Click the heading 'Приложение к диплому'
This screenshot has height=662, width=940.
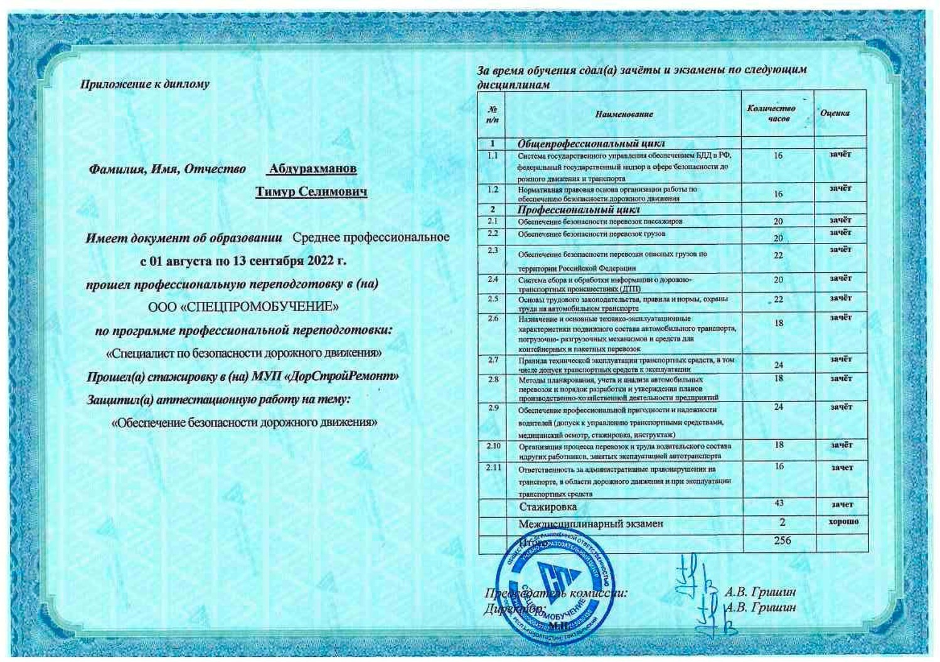click(145, 84)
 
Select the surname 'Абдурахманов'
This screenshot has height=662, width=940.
click(312, 169)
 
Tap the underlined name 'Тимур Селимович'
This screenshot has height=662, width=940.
click(311, 192)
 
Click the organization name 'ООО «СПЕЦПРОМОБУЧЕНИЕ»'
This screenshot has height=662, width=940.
click(243, 307)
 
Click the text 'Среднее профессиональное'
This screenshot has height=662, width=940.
click(371, 237)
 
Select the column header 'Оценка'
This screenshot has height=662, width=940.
click(835, 113)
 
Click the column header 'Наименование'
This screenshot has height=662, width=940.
click(624, 114)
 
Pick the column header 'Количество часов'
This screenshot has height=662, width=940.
click(771, 113)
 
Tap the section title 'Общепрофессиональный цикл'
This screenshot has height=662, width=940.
click(591, 144)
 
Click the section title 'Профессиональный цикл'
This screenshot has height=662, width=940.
click(579, 210)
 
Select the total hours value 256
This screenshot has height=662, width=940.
click(782, 540)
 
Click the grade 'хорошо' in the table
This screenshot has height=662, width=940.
click(843, 522)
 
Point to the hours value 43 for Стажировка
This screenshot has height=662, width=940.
click(779, 503)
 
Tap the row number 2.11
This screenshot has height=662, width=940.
click(494, 467)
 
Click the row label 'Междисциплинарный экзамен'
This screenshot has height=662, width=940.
click(590, 523)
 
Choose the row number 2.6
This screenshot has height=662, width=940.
click(493, 318)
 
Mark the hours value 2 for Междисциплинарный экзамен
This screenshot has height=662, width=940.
click(782, 522)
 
